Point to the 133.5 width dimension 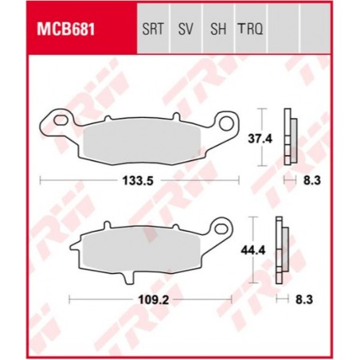tap(140, 182)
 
